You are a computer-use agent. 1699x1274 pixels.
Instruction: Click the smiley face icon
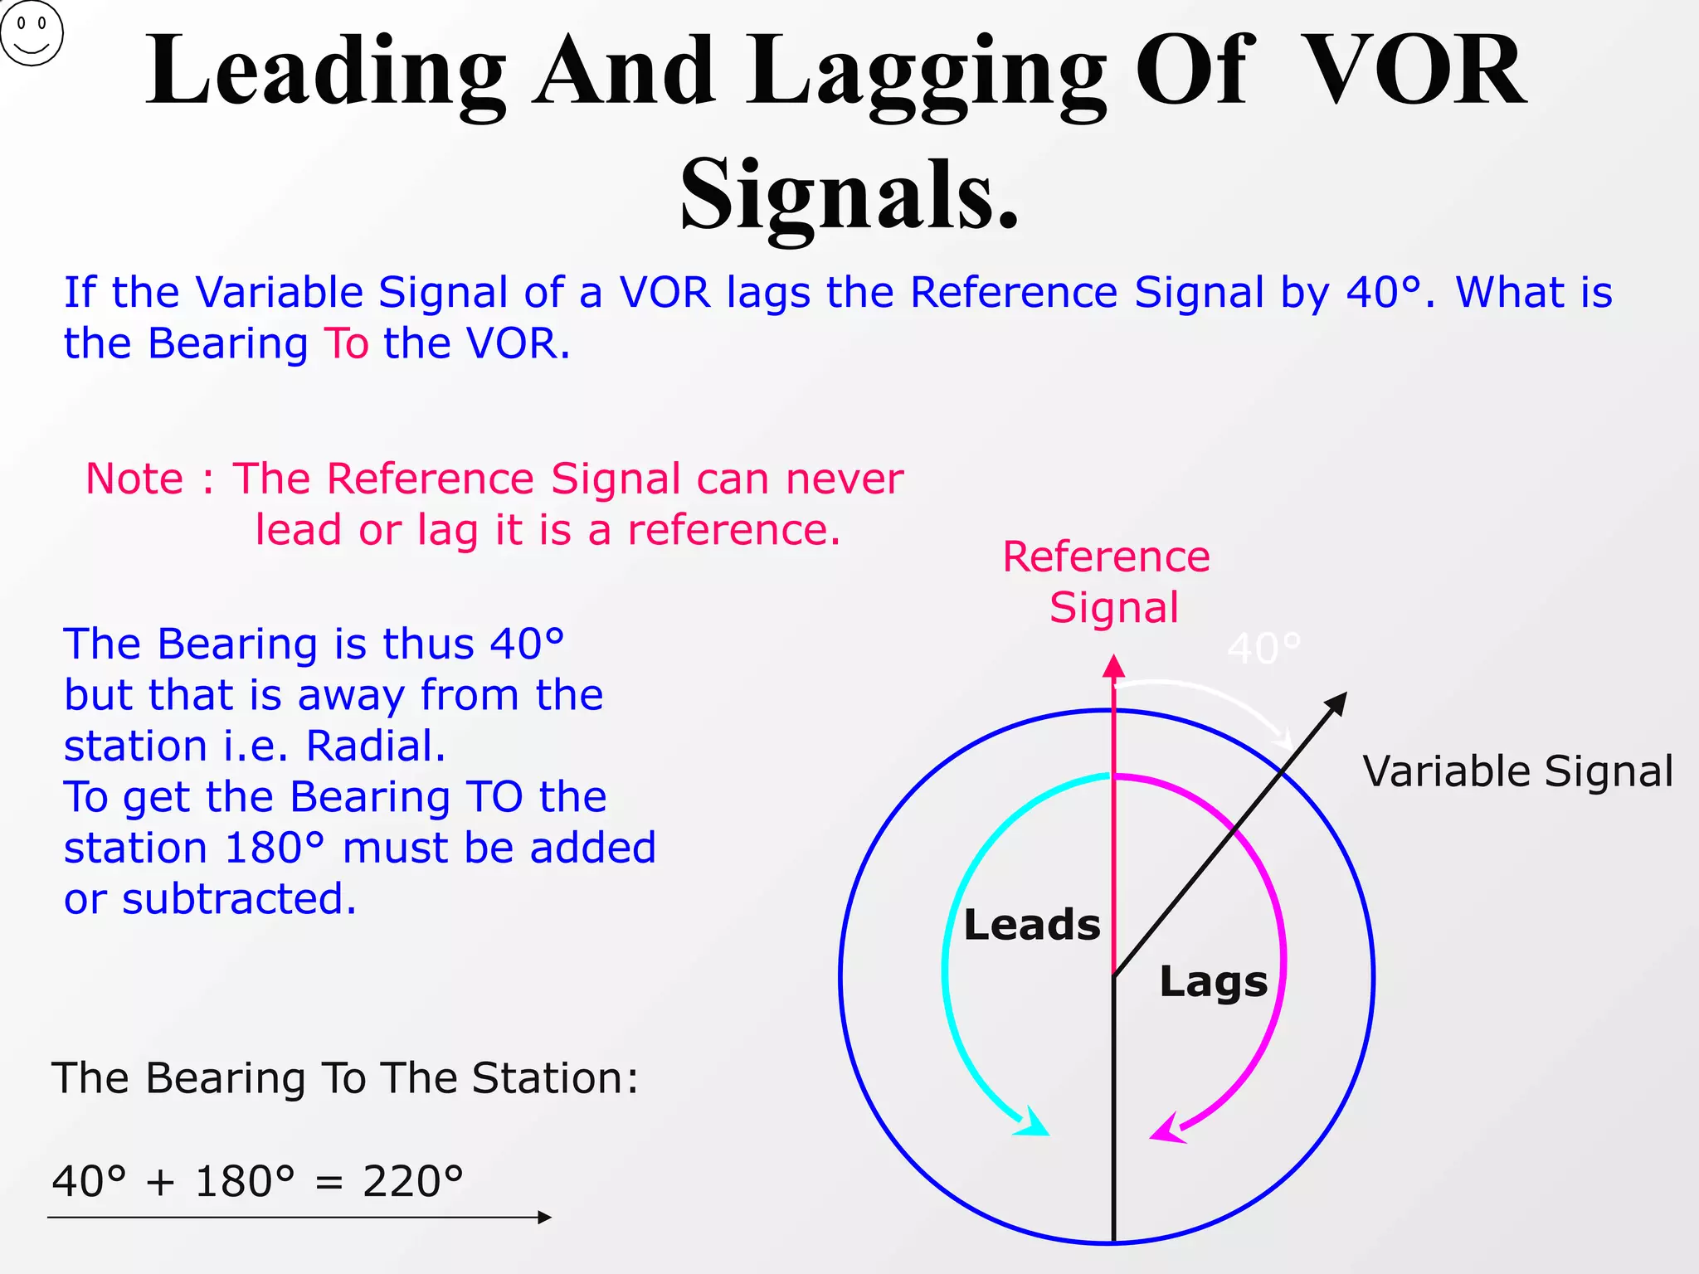click(32, 33)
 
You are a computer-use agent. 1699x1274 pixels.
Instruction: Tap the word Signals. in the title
click(849, 196)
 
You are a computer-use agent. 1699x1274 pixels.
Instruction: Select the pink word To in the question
click(346, 343)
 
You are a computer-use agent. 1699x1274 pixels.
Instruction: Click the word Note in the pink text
click(134, 479)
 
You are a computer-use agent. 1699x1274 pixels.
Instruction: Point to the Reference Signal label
click(1107, 581)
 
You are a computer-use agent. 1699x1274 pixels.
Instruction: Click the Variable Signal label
click(1517, 771)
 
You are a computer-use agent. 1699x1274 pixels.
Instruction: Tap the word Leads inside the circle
click(1031, 925)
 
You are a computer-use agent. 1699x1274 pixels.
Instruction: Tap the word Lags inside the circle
click(1213, 982)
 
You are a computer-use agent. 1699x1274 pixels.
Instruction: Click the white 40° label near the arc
click(1263, 649)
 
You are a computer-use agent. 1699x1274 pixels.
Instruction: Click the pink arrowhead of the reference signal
click(1114, 666)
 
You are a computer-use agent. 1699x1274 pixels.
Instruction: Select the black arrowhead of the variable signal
click(1336, 703)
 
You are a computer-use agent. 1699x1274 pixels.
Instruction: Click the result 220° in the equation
click(412, 1181)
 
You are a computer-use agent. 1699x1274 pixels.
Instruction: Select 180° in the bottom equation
click(245, 1181)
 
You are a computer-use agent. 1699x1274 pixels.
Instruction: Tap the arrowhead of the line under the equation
click(545, 1218)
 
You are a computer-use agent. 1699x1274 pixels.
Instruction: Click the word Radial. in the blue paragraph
click(376, 746)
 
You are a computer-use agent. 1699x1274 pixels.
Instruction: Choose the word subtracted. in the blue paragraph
click(239, 899)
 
